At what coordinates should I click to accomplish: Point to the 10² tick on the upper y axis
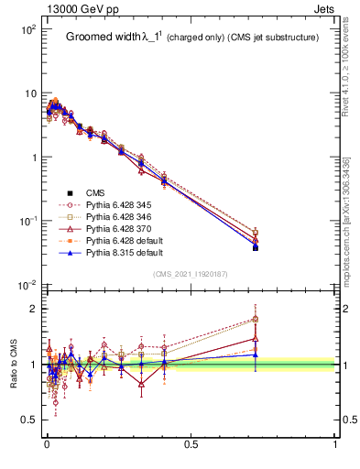(29, 29)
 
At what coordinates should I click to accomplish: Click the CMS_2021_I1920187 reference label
(190, 274)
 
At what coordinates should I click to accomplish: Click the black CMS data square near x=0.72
(256, 247)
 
